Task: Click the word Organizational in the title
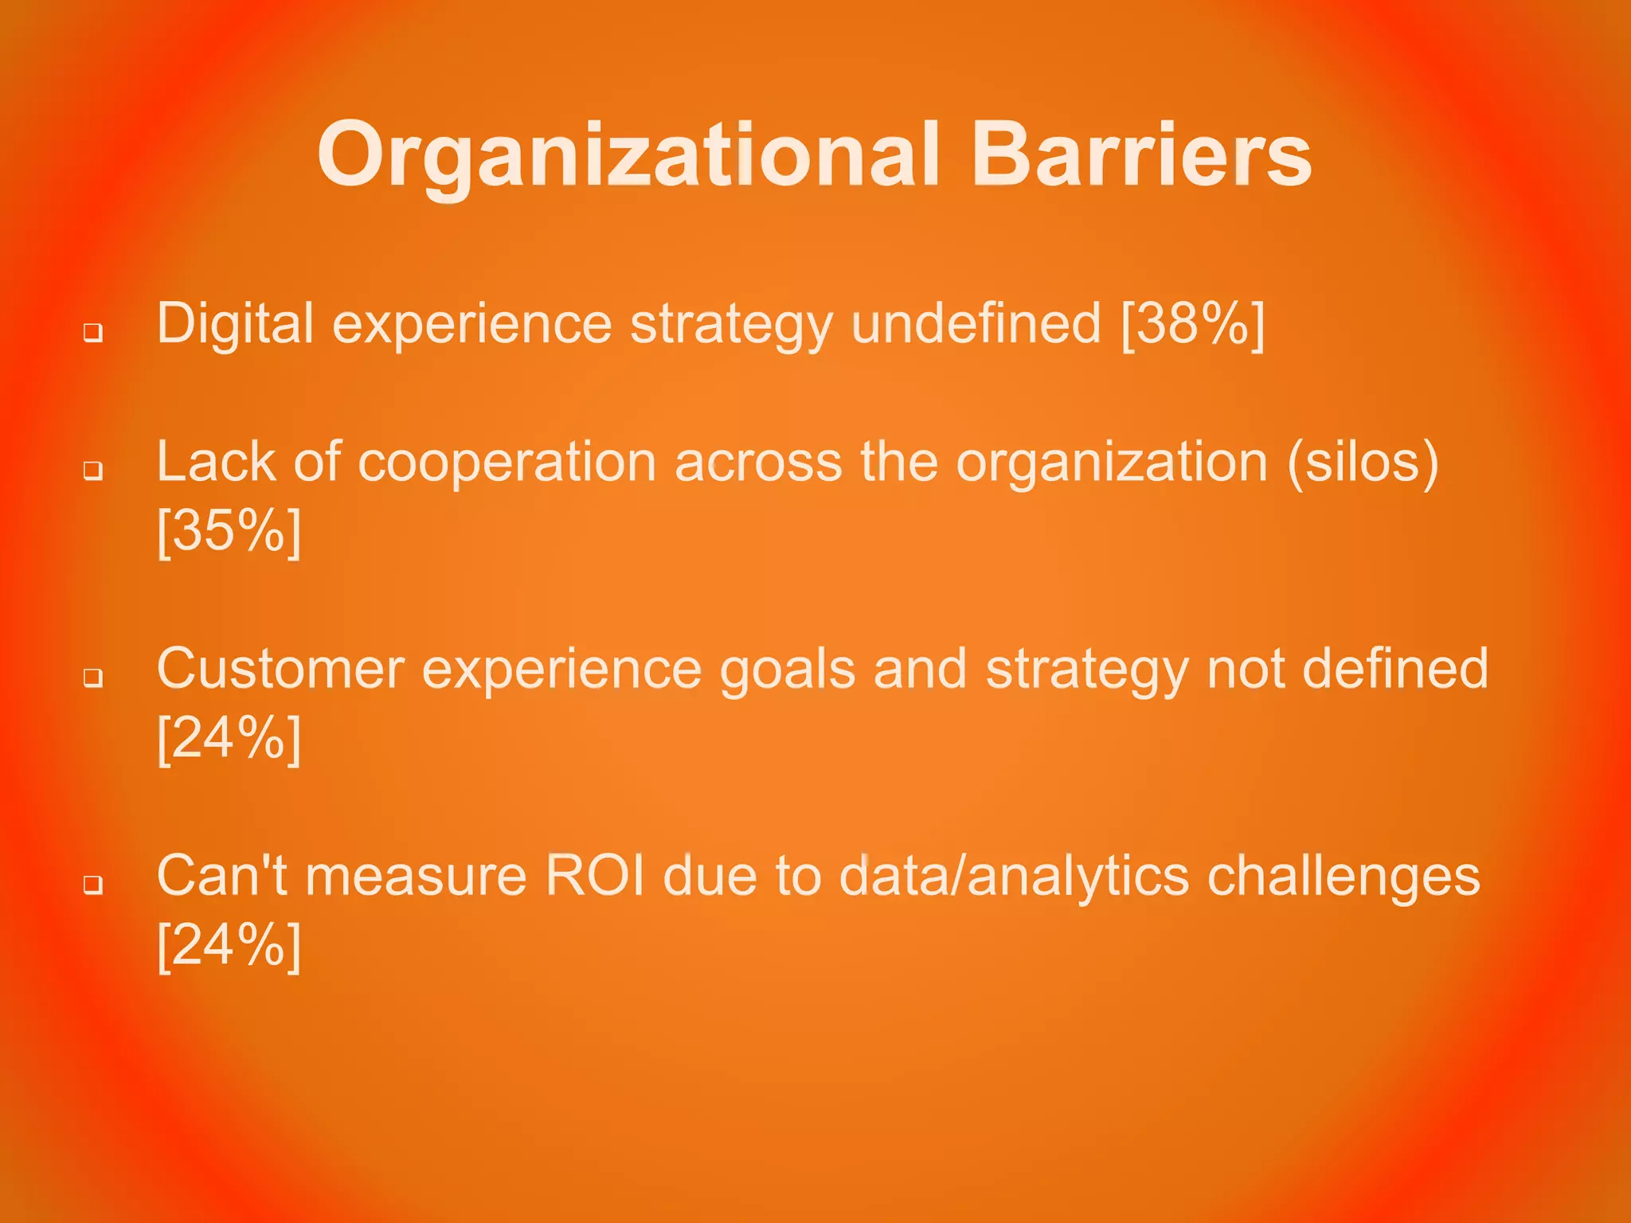(x=628, y=155)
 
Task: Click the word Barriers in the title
(x=1140, y=155)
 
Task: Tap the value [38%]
(x=1192, y=324)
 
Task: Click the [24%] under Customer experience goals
(x=229, y=738)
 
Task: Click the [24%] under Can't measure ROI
(x=229, y=945)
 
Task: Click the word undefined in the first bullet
(x=976, y=324)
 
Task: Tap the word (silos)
(x=1363, y=462)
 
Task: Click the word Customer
(x=280, y=669)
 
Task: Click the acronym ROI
(x=594, y=876)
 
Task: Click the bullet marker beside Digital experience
(x=93, y=332)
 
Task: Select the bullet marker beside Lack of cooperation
(x=93, y=471)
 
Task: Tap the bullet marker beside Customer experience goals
(x=93, y=678)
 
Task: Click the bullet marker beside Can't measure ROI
(x=93, y=885)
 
